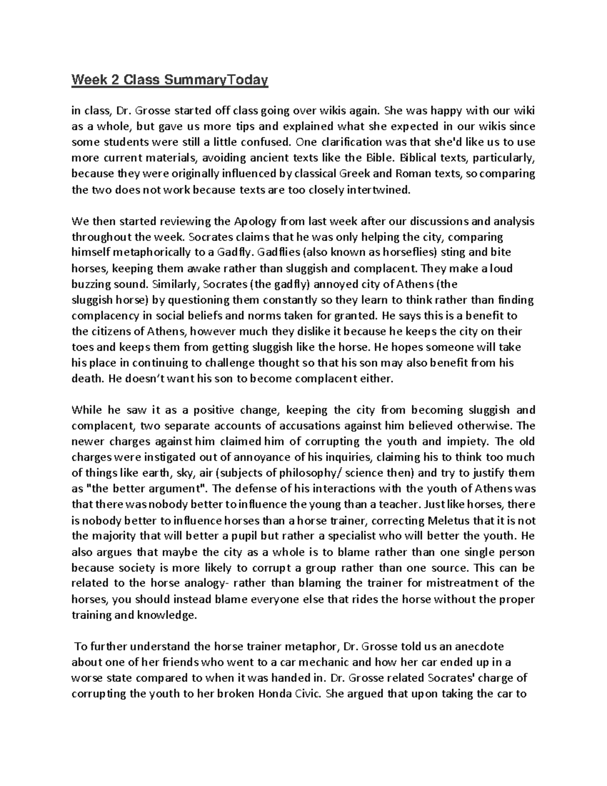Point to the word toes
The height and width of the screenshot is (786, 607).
pyautogui.click(x=82, y=347)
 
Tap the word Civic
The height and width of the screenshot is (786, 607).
pyautogui.click(x=308, y=694)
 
